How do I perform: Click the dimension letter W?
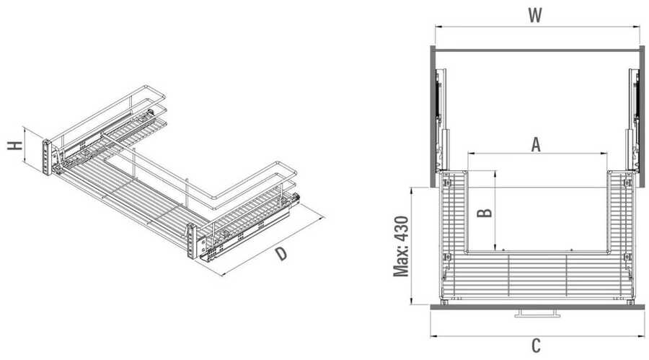tap(535, 15)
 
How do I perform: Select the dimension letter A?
tap(536, 145)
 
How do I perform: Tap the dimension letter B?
tap(485, 212)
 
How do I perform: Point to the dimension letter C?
tap(536, 345)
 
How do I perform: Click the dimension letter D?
tap(281, 253)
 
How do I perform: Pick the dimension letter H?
tap(15, 146)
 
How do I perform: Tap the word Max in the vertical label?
tap(401, 262)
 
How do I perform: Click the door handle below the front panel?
tap(536, 313)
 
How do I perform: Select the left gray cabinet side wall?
tap(433, 116)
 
